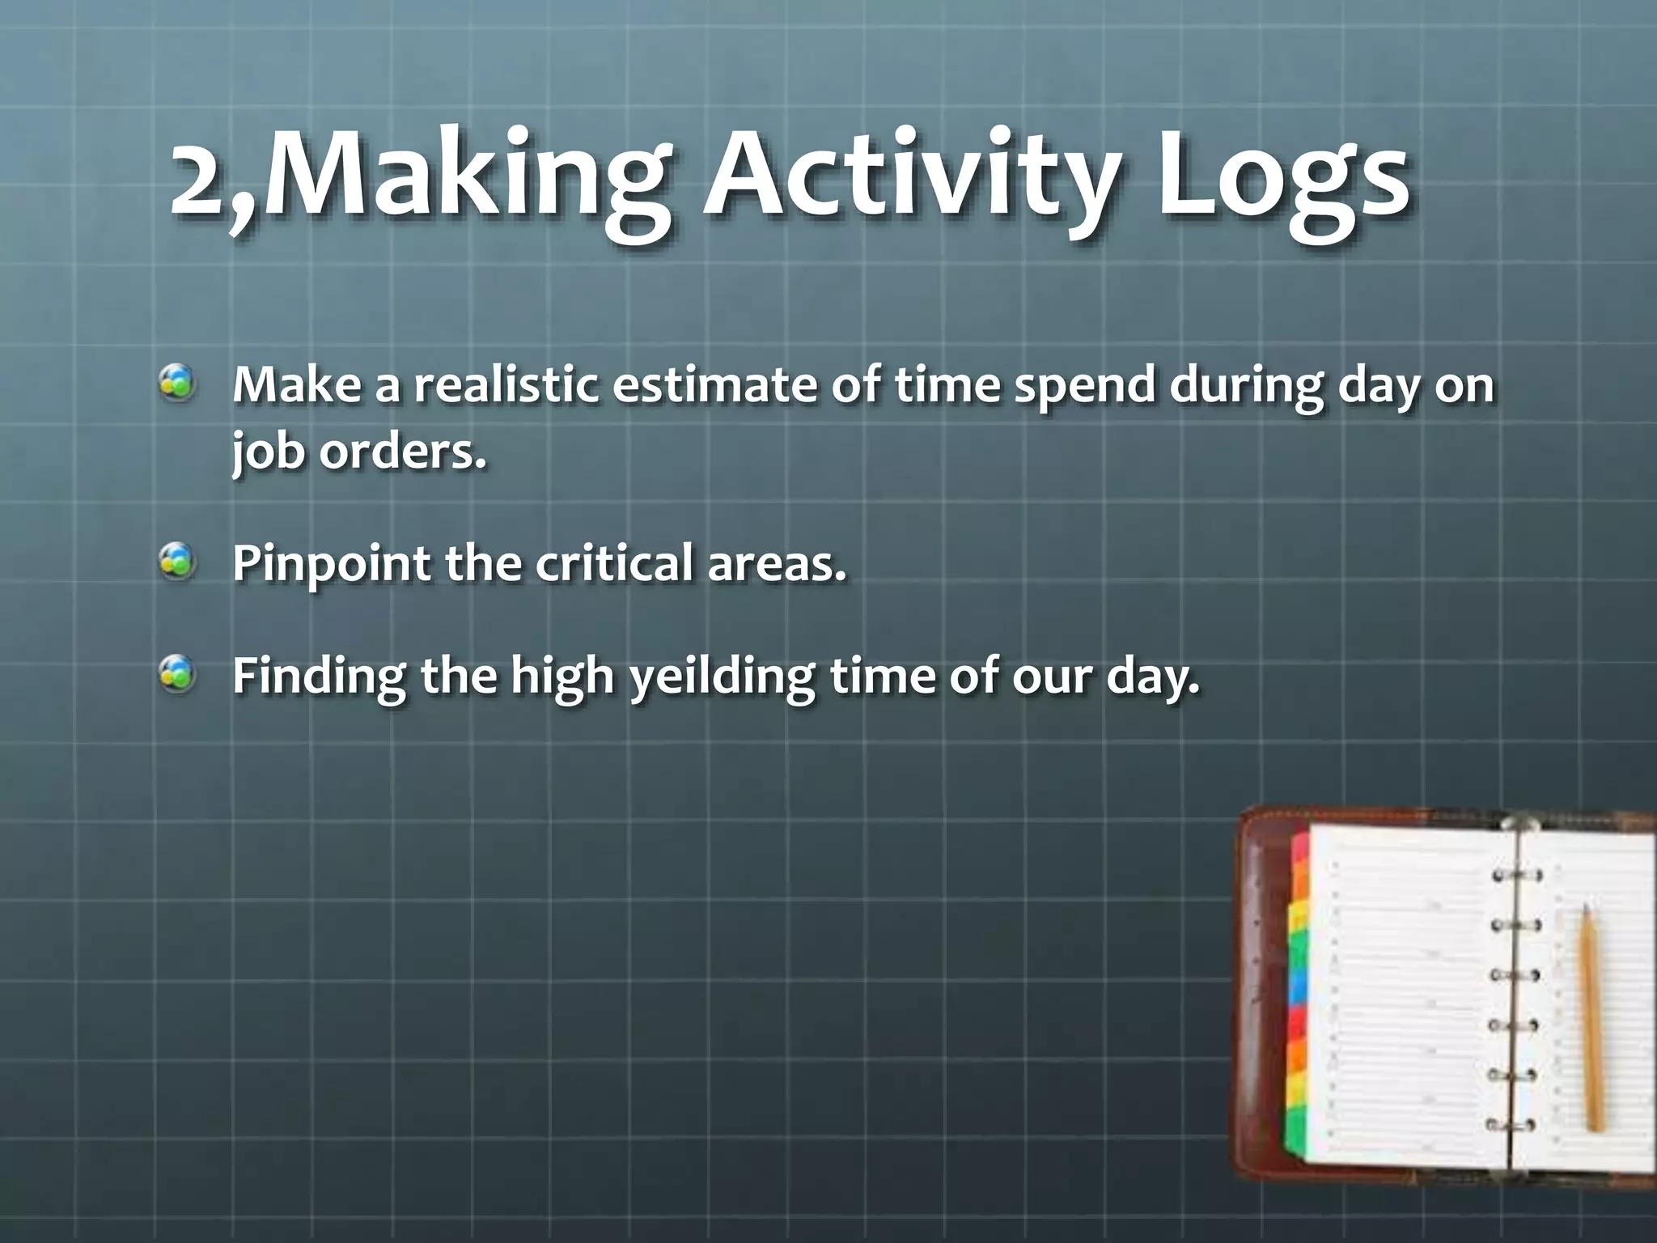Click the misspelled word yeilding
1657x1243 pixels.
(x=721, y=677)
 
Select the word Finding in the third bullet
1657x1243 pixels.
(x=319, y=677)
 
